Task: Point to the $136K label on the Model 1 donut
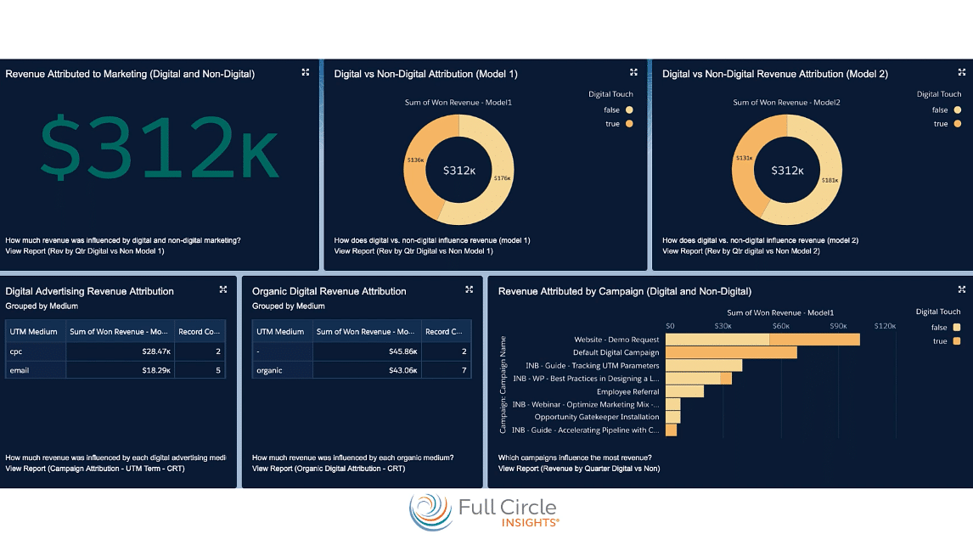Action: (415, 160)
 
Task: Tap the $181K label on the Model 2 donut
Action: (830, 180)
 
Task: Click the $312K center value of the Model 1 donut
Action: (459, 171)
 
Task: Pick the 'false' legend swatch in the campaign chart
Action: (957, 328)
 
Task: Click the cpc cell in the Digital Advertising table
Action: (17, 351)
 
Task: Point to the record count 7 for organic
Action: (464, 370)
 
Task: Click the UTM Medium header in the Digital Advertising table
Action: (32, 332)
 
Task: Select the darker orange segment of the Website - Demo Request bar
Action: (814, 340)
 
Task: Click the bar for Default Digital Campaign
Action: (731, 352)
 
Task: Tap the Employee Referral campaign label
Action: (627, 391)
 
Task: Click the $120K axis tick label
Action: (886, 326)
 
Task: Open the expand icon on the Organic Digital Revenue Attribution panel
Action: (469, 289)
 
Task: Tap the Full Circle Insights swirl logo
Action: (431, 511)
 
